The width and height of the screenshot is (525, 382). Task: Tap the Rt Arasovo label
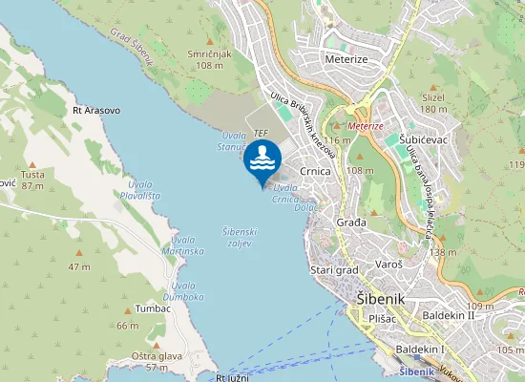coord(96,111)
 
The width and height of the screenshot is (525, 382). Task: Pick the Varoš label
coord(386,263)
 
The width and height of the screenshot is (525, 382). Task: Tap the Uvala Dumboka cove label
coord(186,291)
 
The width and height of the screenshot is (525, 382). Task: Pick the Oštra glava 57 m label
coord(157,361)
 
